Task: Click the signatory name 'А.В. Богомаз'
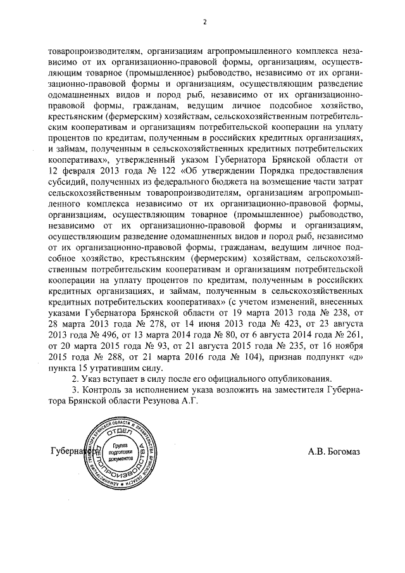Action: coord(333,451)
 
